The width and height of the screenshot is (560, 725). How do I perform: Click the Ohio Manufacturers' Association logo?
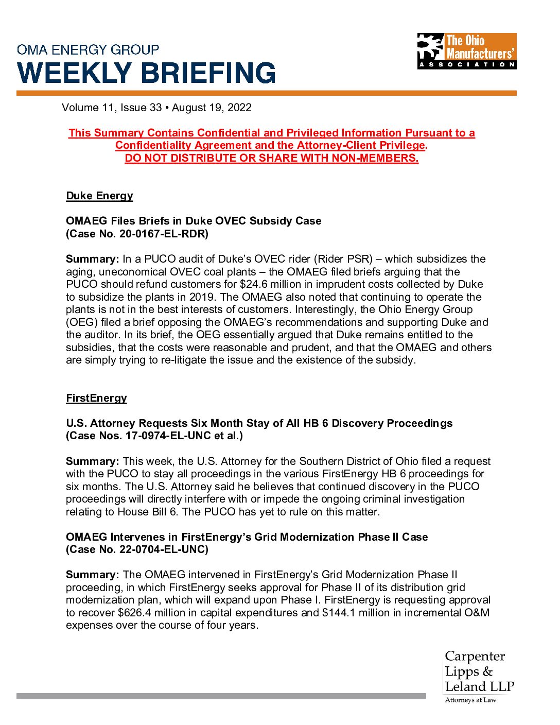point(466,51)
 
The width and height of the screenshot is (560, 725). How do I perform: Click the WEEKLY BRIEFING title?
point(147,73)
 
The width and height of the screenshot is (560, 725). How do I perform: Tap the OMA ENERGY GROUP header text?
point(88,50)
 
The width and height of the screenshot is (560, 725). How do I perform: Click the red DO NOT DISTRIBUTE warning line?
point(271,158)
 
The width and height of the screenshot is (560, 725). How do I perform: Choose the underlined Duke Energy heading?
point(99,196)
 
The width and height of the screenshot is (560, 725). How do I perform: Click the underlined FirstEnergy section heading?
point(96,398)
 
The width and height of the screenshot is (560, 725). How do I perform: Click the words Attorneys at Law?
point(470,700)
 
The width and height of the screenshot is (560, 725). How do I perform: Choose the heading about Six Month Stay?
point(259,423)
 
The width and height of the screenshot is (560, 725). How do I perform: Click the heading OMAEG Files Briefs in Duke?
point(193,221)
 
